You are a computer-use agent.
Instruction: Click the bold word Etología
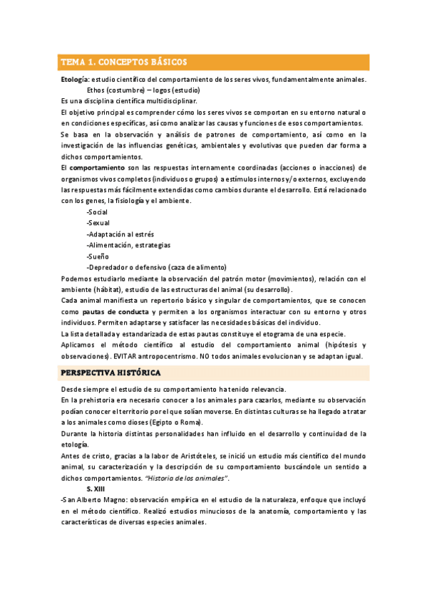(75, 80)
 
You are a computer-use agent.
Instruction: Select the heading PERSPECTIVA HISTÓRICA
(110, 373)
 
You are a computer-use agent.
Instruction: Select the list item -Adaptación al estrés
(120, 234)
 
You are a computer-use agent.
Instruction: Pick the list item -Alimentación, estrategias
(128, 245)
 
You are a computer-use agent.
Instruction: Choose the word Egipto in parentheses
(182, 422)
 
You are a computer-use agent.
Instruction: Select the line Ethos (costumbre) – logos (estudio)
(143, 90)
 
